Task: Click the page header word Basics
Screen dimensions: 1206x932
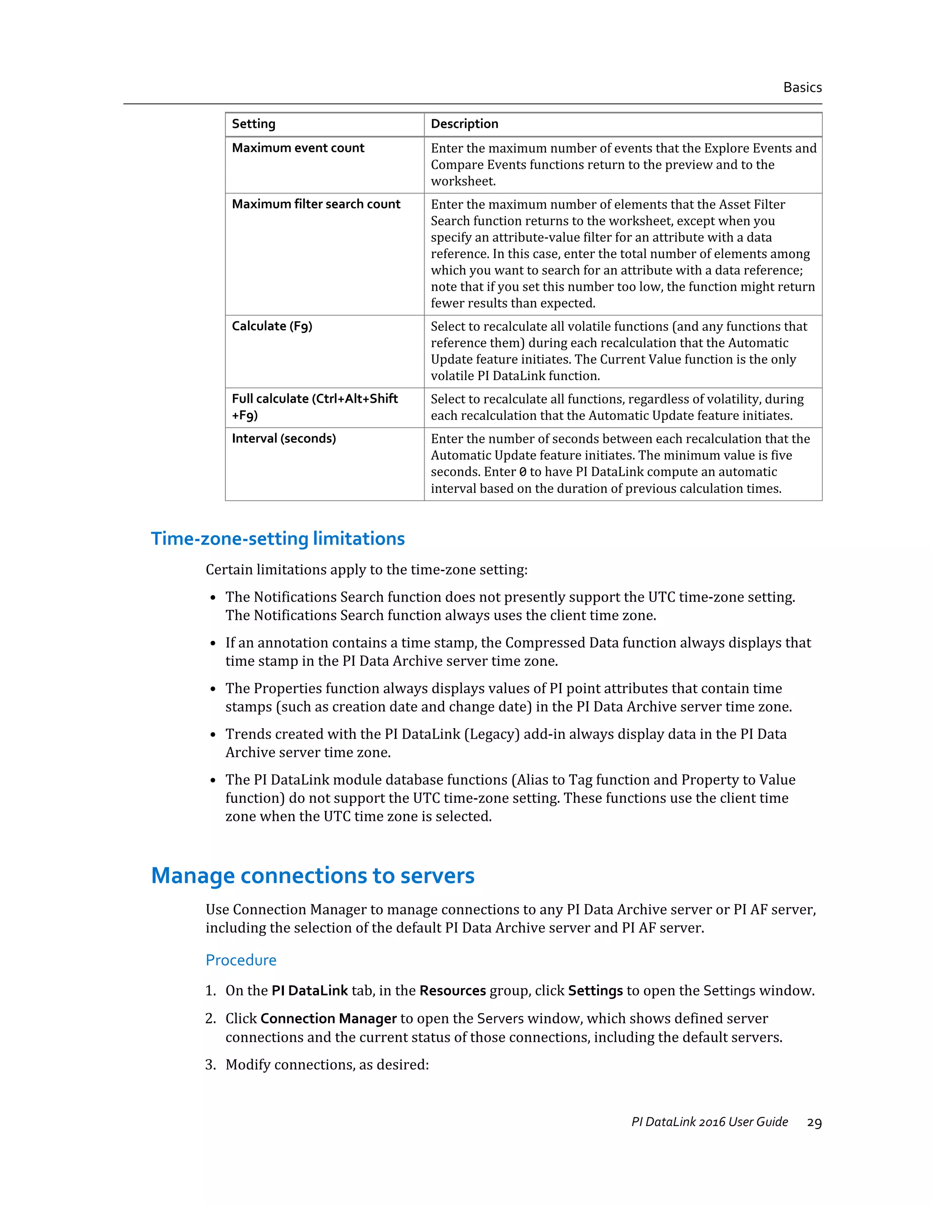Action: pos(802,87)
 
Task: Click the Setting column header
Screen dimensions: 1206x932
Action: pos(253,124)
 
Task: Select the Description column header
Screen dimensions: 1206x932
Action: pos(464,124)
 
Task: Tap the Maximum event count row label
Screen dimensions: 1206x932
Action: pos(298,148)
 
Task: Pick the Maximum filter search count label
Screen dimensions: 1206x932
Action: pos(316,204)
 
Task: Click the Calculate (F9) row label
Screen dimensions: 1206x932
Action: pos(272,326)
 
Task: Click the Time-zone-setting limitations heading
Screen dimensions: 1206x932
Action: pos(278,538)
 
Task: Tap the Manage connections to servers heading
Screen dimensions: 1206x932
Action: pos(313,876)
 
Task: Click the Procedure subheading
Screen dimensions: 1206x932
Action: pos(241,960)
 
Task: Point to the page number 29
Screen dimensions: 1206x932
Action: pos(814,1123)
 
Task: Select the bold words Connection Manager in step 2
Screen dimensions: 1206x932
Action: pos(329,1018)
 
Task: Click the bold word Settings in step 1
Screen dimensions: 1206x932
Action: pos(595,991)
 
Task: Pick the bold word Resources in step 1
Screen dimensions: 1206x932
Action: pos(452,991)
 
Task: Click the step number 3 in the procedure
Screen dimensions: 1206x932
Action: pos(210,1064)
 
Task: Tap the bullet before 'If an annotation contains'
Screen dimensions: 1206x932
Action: pos(213,644)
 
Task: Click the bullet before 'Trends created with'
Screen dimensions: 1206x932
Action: pos(213,735)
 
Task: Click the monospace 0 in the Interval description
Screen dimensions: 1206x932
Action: pos(522,472)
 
